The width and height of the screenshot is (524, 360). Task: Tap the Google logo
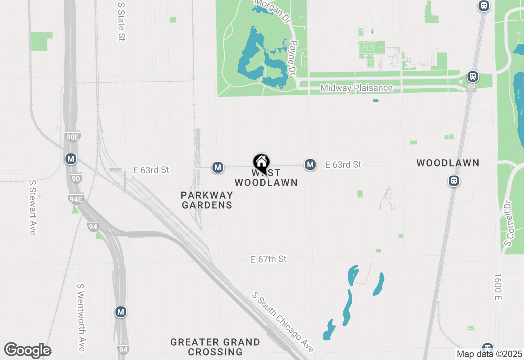(27, 351)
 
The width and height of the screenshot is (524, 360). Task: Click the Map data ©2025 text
(490, 354)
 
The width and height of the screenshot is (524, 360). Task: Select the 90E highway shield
(72, 137)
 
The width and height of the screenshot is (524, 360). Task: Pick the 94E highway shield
(76, 199)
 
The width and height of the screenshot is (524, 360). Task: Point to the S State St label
(121, 21)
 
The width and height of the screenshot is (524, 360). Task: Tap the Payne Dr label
(293, 58)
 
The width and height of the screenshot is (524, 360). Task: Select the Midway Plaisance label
(357, 88)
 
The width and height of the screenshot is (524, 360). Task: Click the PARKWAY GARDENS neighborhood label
(207, 200)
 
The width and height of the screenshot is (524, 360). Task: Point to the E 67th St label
(269, 259)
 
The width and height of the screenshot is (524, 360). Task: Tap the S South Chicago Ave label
(283, 322)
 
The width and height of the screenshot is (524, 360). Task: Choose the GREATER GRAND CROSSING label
(215, 346)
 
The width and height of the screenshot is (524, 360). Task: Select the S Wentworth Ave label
(81, 317)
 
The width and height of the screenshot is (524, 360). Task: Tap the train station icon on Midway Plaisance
(473, 76)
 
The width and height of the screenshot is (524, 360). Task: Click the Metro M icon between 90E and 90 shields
(71, 159)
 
